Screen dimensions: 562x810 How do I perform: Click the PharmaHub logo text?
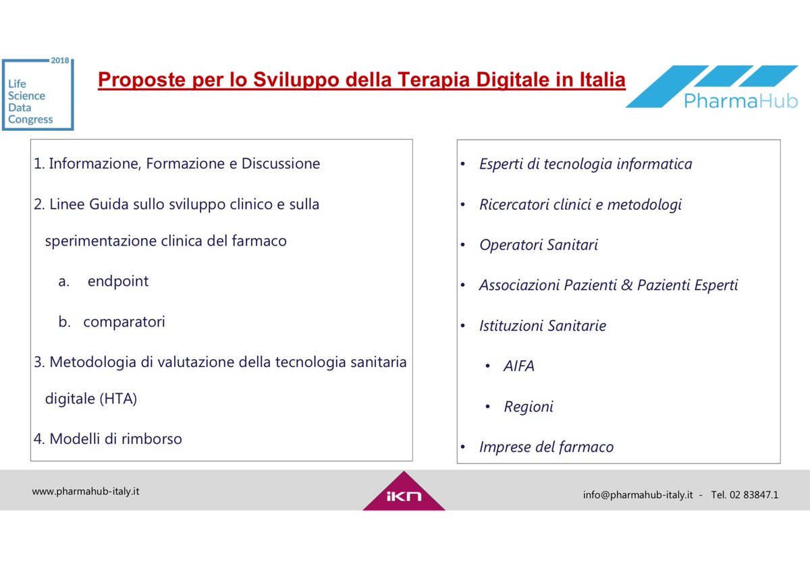pos(740,101)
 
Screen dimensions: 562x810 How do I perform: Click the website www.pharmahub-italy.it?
pos(86,491)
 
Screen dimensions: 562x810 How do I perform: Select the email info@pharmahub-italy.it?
pos(638,495)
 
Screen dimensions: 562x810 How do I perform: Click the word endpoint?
pos(118,281)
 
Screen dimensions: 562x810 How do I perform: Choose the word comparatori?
pos(124,322)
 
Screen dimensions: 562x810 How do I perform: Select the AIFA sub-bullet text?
pos(519,366)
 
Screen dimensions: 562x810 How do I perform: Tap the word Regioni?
pos(529,407)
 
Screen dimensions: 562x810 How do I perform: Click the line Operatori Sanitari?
pos(539,245)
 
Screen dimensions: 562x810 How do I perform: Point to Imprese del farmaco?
pos(546,447)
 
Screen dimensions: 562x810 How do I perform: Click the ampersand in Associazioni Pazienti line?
pos(627,285)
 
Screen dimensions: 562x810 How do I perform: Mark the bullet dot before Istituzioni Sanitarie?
pos(463,327)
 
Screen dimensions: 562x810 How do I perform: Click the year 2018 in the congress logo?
pos(60,60)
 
